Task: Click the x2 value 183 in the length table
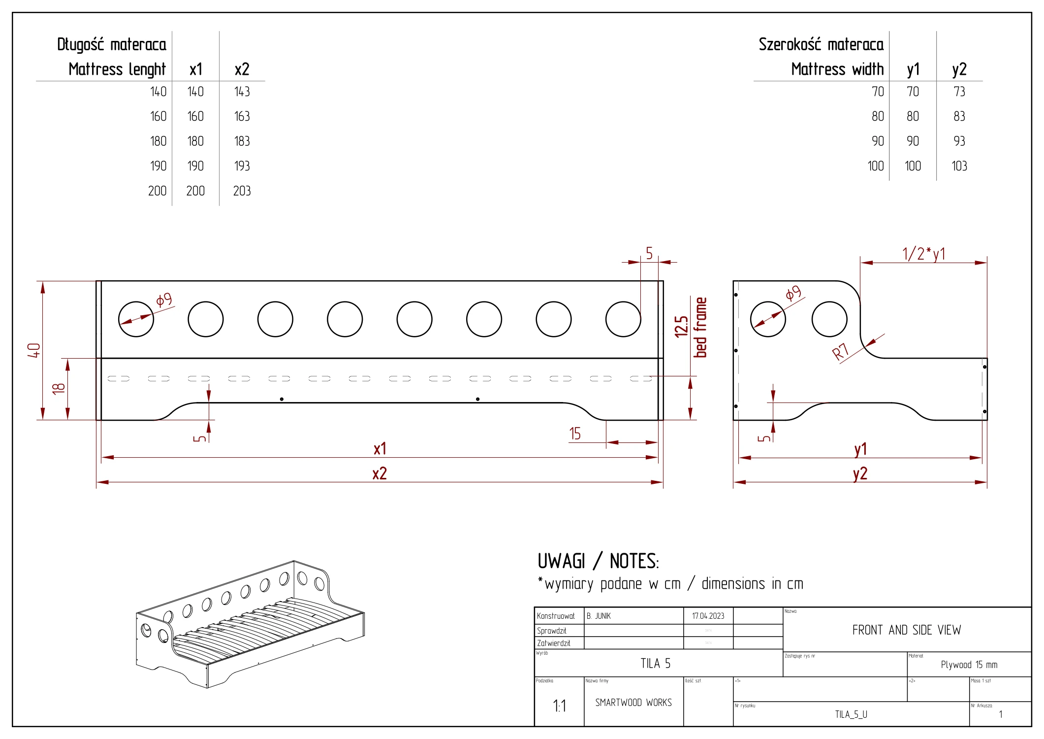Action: (242, 141)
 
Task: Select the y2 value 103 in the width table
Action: (959, 166)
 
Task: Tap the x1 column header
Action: (195, 69)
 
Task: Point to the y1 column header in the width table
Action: (913, 69)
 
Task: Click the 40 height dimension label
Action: (33, 350)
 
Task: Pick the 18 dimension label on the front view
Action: (59, 388)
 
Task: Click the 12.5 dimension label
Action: (681, 327)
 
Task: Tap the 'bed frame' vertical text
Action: (700, 327)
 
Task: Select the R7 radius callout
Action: (840, 352)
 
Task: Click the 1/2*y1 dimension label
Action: (923, 254)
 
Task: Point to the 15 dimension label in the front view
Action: (575, 434)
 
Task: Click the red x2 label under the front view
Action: (380, 473)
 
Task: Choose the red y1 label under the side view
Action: (860, 449)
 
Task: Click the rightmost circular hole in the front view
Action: (623, 319)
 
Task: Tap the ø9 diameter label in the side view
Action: (793, 294)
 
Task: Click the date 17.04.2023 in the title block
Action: (708, 616)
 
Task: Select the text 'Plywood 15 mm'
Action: (969, 665)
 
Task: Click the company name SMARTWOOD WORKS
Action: (633, 703)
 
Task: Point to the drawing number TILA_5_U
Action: (851, 714)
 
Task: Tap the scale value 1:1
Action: (559, 706)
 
